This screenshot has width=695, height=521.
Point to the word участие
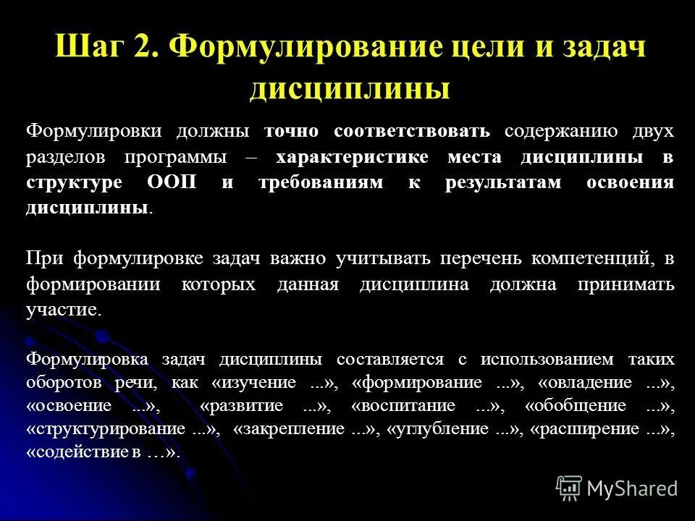pyautogui.click(x=62, y=310)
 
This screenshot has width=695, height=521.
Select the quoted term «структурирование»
pyautogui.click(x=115, y=429)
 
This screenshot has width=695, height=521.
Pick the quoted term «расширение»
pyautogui.click(x=595, y=429)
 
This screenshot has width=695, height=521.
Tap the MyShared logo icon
pyautogui.click(x=569, y=488)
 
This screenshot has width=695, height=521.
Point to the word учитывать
pyautogui.click(x=380, y=258)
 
